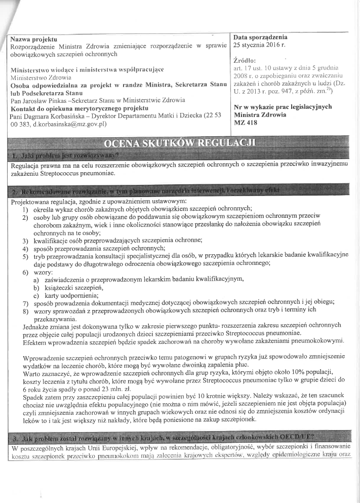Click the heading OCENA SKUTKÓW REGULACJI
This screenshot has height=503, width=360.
point(180,142)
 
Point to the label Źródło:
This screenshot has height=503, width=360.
point(244,61)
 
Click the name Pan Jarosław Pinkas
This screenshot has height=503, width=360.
point(36,101)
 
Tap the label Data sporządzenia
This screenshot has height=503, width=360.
point(260,37)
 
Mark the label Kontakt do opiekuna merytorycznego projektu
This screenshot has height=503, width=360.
point(78,108)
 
